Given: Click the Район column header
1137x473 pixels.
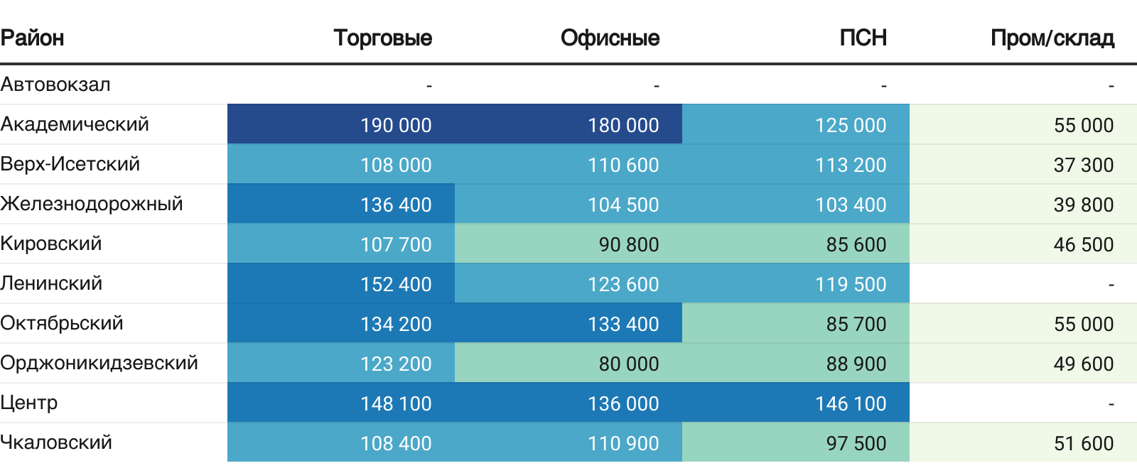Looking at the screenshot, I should (x=33, y=38).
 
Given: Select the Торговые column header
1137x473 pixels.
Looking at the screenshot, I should (x=382, y=38).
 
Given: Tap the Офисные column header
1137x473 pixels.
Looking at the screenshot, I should (x=610, y=38).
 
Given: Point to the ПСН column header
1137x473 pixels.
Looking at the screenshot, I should (x=863, y=38).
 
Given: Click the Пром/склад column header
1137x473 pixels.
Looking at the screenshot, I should (x=1052, y=38).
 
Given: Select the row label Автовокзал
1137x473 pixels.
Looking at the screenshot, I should (x=55, y=85).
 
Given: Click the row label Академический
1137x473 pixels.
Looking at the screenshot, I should (x=75, y=124).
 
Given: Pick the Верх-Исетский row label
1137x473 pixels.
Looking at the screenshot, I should (x=70, y=164).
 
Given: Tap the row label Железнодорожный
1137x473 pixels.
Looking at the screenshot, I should (x=92, y=204).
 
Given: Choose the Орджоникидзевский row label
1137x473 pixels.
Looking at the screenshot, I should (x=99, y=363).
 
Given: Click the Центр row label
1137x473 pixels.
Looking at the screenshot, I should (x=29, y=403).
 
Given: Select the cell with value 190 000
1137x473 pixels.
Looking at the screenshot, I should (x=396, y=125).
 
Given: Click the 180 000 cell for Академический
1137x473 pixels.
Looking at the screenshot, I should (x=623, y=125).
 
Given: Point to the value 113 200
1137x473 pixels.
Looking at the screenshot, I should (x=851, y=165).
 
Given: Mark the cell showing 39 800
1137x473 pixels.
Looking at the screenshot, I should (x=1084, y=205).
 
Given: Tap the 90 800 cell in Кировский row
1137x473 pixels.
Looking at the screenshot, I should (x=629, y=244).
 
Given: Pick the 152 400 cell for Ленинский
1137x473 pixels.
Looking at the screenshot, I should (x=396, y=284).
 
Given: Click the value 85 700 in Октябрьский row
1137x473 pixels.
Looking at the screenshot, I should (x=856, y=324).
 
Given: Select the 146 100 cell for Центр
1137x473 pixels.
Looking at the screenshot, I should (x=851, y=403).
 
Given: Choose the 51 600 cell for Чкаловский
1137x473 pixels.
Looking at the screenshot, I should (x=1084, y=443).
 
